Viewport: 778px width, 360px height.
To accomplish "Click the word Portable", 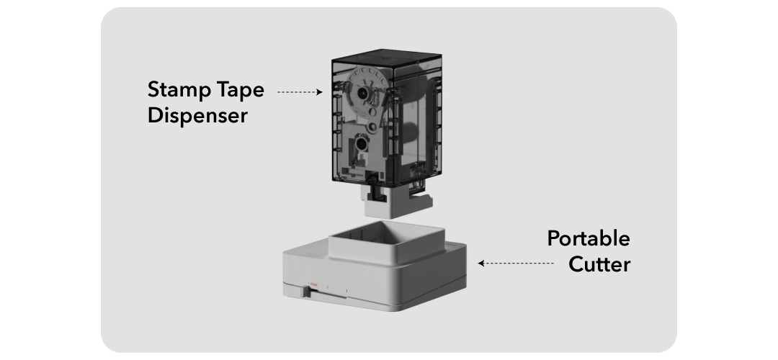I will pyautogui.click(x=588, y=239).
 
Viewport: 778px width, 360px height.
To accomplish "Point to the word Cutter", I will pyautogui.click(x=599, y=264).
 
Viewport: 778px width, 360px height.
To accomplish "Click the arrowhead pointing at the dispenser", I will pyautogui.click(x=319, y=92).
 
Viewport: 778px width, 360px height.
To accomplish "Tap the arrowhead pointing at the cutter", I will pyautogui.click(x=481, y=264).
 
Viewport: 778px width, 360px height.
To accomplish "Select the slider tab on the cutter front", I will pyautogui.click(x=307, y=292).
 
